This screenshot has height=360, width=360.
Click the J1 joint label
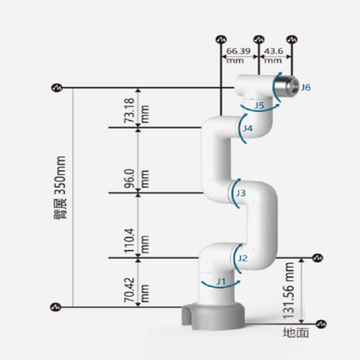click(x=222, y=281)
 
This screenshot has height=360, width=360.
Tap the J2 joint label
click(x=243, y=258)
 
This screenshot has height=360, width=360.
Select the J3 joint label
click(x=241, y=193)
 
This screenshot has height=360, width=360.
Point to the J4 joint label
click(x=248, y=128)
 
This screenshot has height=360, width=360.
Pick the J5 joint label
click(x=259, y=105)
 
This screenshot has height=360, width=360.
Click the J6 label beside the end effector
click(x=306, y=88)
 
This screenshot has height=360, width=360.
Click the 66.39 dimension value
click(x=238, y=51)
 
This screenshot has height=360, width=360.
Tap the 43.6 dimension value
click(x=274, y=51)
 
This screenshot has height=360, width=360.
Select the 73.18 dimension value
click(x=130, y=110)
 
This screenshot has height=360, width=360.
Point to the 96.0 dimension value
click(x=130, y=179)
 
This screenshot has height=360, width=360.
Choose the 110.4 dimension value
click(x=130, y=240)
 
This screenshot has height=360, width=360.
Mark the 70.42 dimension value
click(x=130, y=290)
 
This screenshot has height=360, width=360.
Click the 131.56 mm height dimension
click(x=289, y=291)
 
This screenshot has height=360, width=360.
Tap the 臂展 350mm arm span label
click(x=60, y=188)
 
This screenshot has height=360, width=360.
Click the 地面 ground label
click(x=296, y=333)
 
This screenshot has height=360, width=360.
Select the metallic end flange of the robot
click(x=286, y=87)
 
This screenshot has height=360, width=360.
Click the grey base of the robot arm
click(x=213, y=316)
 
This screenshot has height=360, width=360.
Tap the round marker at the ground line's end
click(x=321, y=324)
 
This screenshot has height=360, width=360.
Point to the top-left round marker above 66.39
click(x=221, y=39)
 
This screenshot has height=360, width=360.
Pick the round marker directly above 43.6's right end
click(x=292, y=39)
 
